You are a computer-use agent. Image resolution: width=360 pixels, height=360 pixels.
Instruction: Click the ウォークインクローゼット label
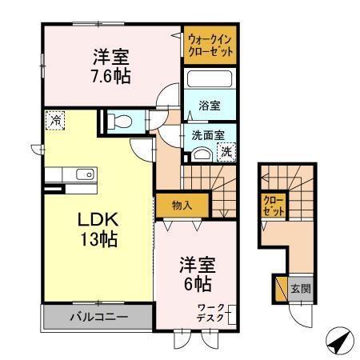(210, 44)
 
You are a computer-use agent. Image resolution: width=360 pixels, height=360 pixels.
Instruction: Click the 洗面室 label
(207, 135)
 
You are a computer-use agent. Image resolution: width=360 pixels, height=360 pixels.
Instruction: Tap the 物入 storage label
(182, 205)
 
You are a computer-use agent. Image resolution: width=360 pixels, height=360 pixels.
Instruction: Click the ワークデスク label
(213, 313)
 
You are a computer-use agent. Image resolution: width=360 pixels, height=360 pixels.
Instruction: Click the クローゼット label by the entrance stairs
(273, 206)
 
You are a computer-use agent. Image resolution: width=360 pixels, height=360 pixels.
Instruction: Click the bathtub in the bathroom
(210, 81)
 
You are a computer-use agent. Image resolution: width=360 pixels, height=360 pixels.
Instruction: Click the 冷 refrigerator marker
(55, 120)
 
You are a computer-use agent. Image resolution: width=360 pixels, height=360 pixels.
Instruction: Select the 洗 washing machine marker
(226, 150)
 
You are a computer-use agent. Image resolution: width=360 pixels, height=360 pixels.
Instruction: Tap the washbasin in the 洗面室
(202, 154)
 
